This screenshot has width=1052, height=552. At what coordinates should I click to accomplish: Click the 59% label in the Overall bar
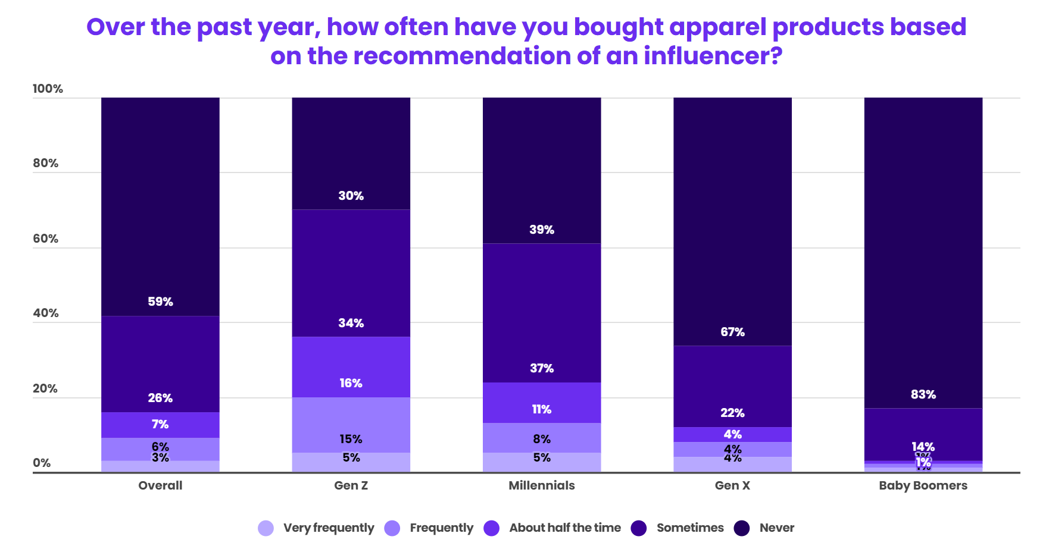tap(160, 302)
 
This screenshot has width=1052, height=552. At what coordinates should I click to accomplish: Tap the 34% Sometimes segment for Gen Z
tap(351, 274)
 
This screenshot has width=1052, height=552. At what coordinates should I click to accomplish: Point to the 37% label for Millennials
tap(542, 368)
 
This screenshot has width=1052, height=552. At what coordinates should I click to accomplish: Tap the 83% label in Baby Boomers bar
tap(923, 394)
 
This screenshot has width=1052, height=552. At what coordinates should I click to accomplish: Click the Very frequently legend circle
tap(266, 528)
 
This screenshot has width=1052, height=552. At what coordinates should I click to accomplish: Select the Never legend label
tap(776, 528)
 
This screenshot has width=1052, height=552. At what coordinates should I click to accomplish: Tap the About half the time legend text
tap(564, 528)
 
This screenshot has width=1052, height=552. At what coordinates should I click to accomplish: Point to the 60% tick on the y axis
tap(45, 239)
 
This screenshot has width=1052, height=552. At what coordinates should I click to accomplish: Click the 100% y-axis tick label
tap(48, 89)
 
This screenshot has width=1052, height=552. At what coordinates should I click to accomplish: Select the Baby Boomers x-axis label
tap(923, 485)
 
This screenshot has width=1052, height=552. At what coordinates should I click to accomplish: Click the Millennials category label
tap(541, 485)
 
